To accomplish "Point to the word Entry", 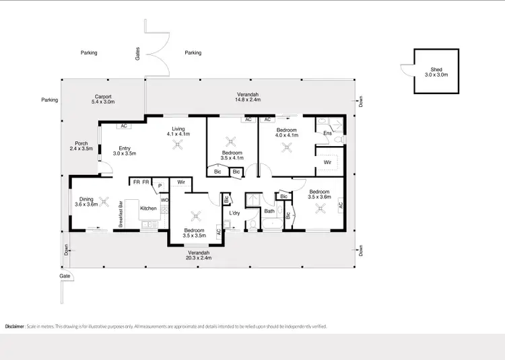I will pos(125,149).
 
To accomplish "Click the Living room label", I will pos(178,129).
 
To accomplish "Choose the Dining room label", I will pos(87,199).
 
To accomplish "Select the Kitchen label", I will pos(148,209).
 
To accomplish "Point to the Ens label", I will pos(327,133).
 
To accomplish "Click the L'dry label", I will pos(235,213).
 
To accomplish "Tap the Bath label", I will pos(269,211).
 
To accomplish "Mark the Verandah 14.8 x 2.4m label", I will pos(247,98).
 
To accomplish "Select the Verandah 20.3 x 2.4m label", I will pos(199,254).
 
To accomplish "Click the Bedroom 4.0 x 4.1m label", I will pos(286,132).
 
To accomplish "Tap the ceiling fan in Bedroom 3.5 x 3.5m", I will pos(196,215).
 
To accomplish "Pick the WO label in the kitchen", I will pos(164,200).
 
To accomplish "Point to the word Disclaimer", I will pos(14,326).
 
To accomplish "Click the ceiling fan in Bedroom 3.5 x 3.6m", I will pos(319,209).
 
